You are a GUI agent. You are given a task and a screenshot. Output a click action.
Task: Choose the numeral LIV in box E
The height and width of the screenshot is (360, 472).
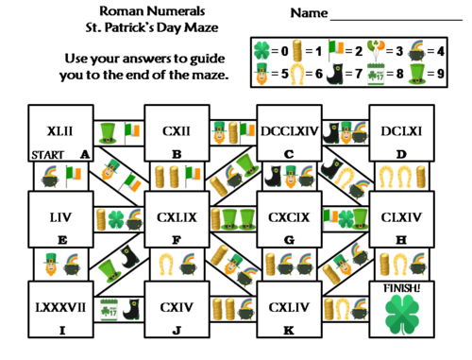point(61,217)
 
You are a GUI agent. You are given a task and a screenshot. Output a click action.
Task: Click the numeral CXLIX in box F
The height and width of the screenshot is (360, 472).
point(177,217)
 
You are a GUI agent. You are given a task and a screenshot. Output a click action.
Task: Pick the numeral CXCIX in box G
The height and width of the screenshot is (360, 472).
point(290,217)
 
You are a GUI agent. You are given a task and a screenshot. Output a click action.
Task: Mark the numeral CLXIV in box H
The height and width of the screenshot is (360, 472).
point(403,217)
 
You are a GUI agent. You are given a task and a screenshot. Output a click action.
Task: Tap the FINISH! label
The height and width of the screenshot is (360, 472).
point(403,287)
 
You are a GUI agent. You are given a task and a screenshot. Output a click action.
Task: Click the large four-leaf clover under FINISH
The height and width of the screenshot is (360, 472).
point(403,314)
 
